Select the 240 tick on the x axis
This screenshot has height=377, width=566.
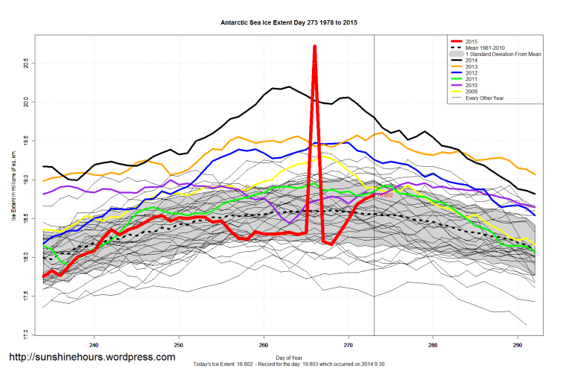[x=93, y=345]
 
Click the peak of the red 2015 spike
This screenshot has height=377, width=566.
[x=314, y=46]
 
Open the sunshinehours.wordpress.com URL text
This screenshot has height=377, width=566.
[x=92, y=357]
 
